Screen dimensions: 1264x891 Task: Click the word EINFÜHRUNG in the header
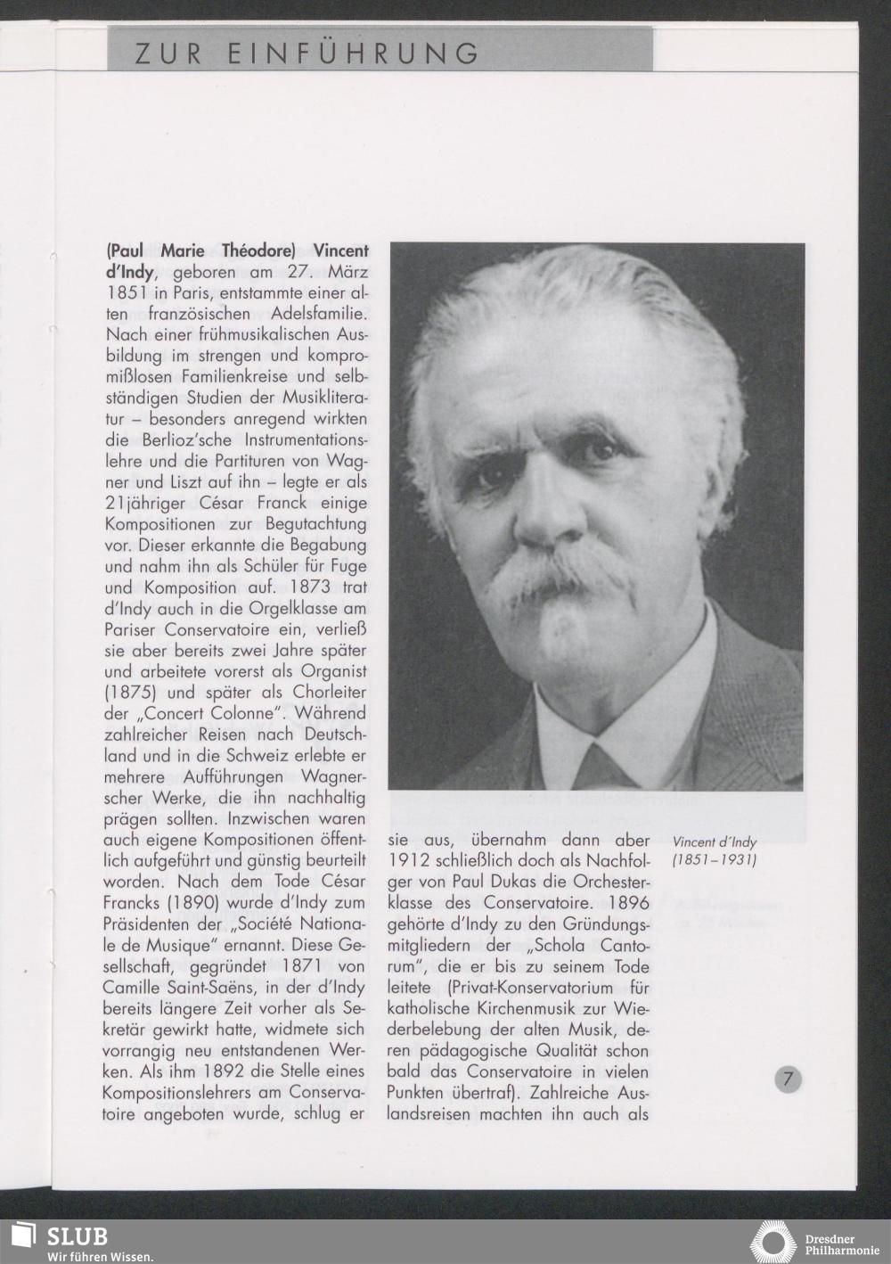point(354,55)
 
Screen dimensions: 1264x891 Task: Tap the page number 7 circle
point(788,1079)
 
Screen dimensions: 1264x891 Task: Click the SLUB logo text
point(77,1235)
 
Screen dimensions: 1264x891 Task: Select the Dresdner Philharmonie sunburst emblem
point(772,1242)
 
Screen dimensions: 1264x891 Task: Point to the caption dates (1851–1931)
point(714,861)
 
